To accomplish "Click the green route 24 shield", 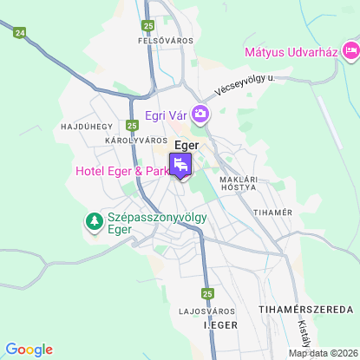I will (x=20, y=32).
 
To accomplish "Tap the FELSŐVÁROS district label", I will (x=166, y=40).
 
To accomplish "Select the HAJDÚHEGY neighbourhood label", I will (x=82, y=127).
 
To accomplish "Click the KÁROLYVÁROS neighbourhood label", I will (x=135, y=140).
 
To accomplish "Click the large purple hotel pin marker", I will (x=180, y=164).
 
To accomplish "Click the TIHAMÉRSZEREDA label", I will (x=306, y=309).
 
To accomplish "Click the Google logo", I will (x=29, y=350).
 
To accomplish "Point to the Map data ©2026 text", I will (x=323, y=353).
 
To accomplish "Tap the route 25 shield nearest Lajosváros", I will (x=207, y=293).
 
